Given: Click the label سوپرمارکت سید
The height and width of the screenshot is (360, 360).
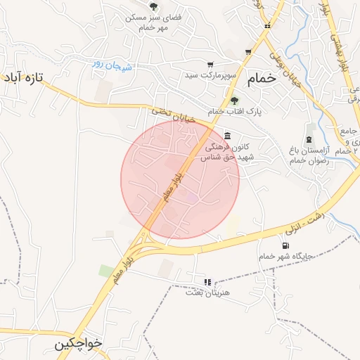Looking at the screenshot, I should [219, 75].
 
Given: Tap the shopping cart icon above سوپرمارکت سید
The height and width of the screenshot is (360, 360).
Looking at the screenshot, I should [210, 65].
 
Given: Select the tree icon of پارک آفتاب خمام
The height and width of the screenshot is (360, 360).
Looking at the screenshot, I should [235, 100].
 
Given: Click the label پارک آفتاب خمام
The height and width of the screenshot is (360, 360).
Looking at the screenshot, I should [226, 112].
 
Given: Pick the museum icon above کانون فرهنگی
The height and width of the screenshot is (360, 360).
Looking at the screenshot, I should [226, 136].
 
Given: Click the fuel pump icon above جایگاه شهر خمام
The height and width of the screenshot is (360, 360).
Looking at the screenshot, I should [285, 245].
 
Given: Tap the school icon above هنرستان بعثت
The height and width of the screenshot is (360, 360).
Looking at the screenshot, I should [207, 282].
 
